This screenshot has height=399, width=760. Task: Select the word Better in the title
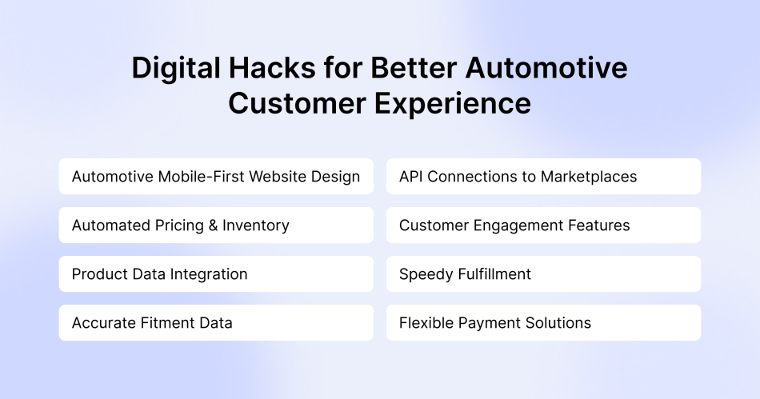pos(416,69)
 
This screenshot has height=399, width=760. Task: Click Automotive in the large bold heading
pos(550,69)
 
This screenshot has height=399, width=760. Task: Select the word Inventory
pos(256,225)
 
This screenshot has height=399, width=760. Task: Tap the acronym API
pos(411,177)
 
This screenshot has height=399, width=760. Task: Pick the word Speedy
pos(425,274)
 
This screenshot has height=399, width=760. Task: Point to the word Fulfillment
pos(494,274)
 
